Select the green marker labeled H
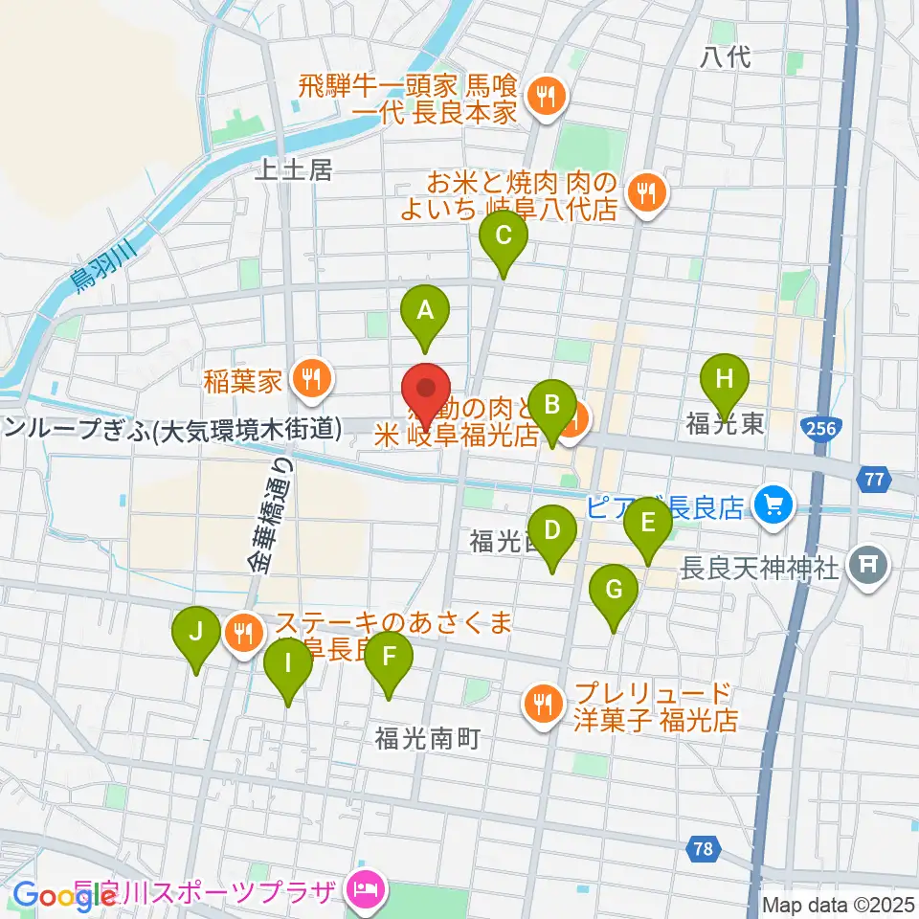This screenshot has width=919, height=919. coord(725,379)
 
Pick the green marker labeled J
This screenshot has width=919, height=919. coord(195,634)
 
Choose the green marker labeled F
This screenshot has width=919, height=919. coord(388,658)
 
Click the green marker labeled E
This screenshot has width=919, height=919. coord(647,526)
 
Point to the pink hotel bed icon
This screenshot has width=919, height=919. coord(366,892)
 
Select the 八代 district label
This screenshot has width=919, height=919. coord(726,56)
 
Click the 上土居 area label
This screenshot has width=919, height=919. coord(294,170)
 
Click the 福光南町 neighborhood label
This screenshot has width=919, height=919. coord(426,739)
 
